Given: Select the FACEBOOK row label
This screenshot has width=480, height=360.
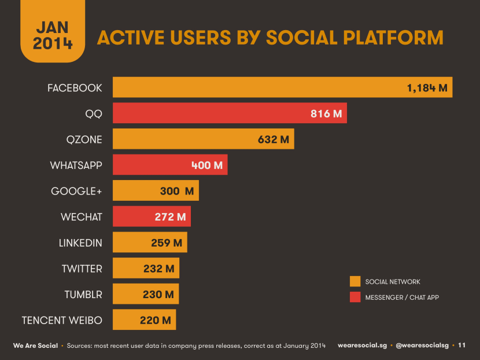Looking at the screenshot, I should pos(75,88).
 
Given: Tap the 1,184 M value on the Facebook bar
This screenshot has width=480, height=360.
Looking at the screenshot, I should pos(427,88).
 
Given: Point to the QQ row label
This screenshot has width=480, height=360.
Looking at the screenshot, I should pos(94,114).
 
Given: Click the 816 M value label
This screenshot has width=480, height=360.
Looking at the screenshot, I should pos(326,114).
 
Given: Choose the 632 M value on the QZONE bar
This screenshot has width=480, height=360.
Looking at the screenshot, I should pos(273,139).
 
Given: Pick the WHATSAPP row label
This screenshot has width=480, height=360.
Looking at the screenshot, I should pos(76,166).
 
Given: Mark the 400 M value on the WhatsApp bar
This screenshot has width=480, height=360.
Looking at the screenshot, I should pos(206,166).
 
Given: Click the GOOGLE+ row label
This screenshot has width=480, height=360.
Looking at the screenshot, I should pos(77,192).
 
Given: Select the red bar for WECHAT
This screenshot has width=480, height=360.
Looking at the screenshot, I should pos(152,217).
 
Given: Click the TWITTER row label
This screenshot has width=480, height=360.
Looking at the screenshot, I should pos(82,269).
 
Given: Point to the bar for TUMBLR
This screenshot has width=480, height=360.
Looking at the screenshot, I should pos(146,295).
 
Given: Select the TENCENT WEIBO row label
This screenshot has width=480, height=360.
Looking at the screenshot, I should pos(62,320).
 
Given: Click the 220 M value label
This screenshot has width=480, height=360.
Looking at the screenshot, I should pos(155,320).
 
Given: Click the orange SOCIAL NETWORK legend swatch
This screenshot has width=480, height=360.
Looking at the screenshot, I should pos(355,282).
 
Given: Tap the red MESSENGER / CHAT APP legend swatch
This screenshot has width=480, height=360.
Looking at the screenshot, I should pos(355,297).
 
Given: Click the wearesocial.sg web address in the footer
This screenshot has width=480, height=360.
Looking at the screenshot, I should pos(361,346).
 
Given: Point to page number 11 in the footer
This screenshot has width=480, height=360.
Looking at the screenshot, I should pos(461,346).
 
